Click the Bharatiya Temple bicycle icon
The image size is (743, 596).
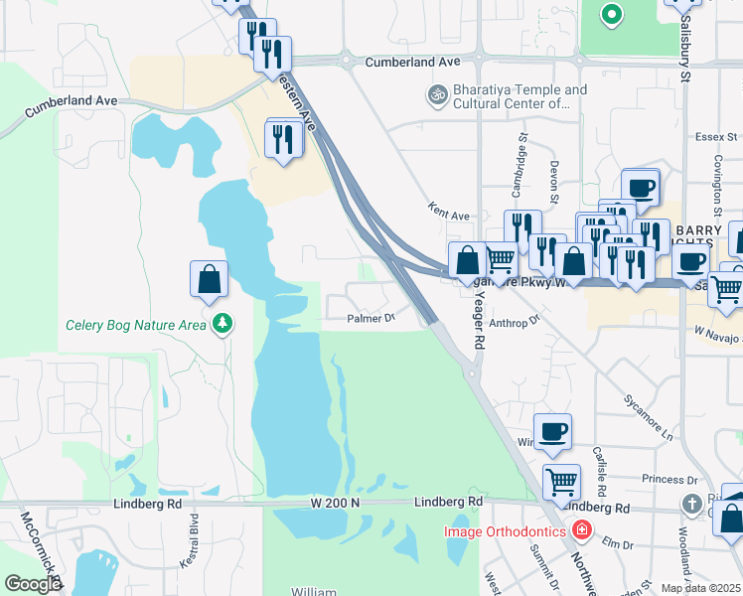pos(436,94)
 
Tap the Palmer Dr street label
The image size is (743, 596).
pos(371,319)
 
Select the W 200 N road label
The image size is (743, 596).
pos(335,504)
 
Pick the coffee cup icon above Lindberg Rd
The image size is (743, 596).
pos(553,431)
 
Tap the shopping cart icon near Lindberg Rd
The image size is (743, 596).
pos(561,482)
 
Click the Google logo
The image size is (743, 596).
pos(33,584)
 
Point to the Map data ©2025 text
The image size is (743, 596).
pos(699,588)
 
